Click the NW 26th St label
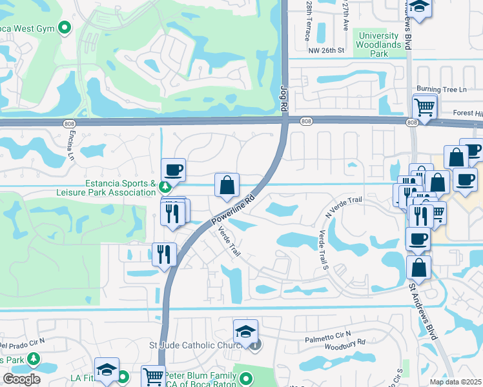327,50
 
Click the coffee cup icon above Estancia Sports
173,170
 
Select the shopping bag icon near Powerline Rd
227,185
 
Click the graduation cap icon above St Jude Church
245,332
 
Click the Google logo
21,379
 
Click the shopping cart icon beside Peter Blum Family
153,377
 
